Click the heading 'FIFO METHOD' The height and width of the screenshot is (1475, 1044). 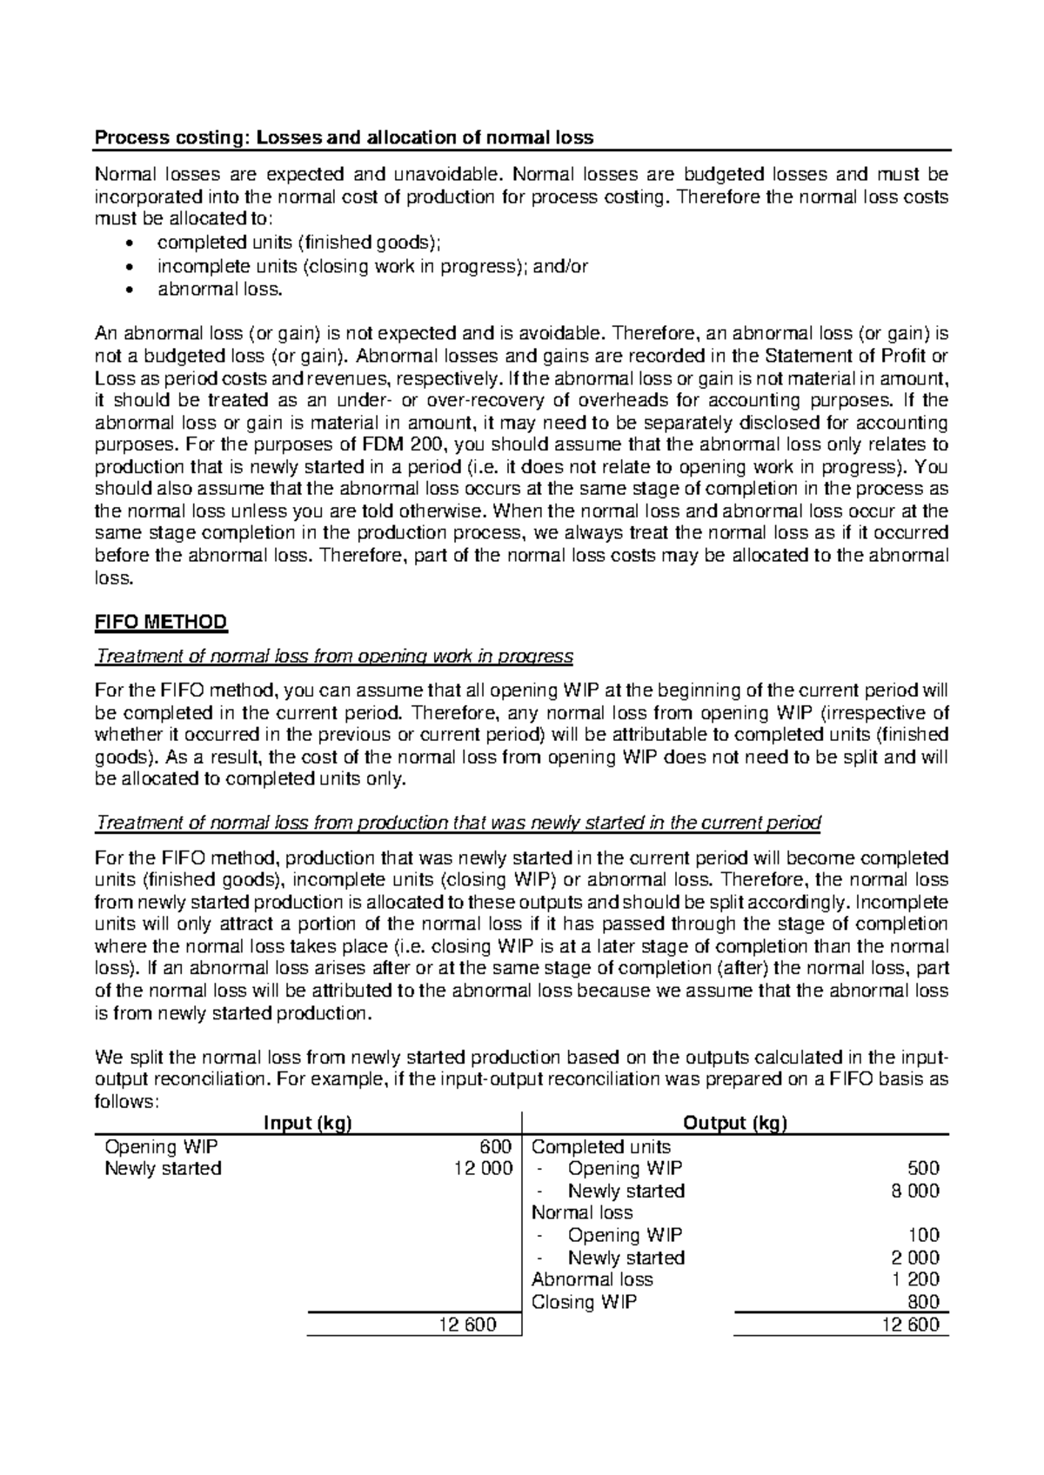(x=160, y=622)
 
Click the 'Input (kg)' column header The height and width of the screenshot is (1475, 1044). (x=307, y=1123)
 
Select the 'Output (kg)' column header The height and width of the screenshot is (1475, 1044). (x=735, y=1123)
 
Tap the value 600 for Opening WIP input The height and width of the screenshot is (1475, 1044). (x=496, y=1146)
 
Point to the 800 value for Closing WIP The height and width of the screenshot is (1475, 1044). (x=923, y=1302)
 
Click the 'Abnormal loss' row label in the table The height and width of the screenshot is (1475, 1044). (x=592, y=1279)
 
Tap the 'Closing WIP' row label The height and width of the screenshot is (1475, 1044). (x=584, y=1302)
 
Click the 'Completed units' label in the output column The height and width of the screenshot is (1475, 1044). (x=600, y=1146)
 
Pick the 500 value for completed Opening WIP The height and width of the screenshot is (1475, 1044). (x=922, y=1168)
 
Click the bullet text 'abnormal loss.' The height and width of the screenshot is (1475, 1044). (x=220, y=290)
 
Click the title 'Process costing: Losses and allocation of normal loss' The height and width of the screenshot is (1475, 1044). (x=344, y=137)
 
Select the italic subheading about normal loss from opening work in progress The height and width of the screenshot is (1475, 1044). (x=334, y=655)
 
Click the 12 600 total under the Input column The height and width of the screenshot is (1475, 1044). (x=470, y=1325)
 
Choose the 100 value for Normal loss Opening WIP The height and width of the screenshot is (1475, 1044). (x=923, y=1235)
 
